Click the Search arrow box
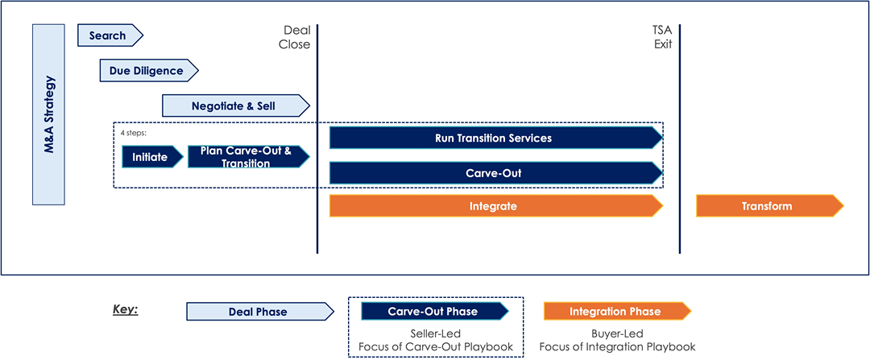pyautogui.click(x=110, y=35)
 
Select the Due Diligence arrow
pyautogui.click(x=149, y=70)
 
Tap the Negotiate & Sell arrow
pyautogui.click(x=236, y=106)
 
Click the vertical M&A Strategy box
pyautogui.click(x=49, y=115)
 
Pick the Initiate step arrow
pyautogui.click(x=152, y=157)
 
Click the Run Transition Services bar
pyautogui.click(x=496, y=138)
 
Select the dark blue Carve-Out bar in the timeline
pyautogui.click(x=496, y=172)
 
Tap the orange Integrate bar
pyautogui.click(x=496, y=206)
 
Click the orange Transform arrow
pyautogui.click(x=770, y=206)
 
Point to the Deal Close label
pyautogui.click(x=295, y=37)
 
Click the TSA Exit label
pyautogui.click(x=662, y=37)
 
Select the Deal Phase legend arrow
pyautogui.click(x=260, y=312)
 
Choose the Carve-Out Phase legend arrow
pyautogui.click(x=435, y=311)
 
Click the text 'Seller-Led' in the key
pyautogui.click(x=436, y=335)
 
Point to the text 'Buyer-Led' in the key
pyautogui.click(x=618, y=335)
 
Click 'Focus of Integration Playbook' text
pyautogui.click(x=618, y=347)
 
